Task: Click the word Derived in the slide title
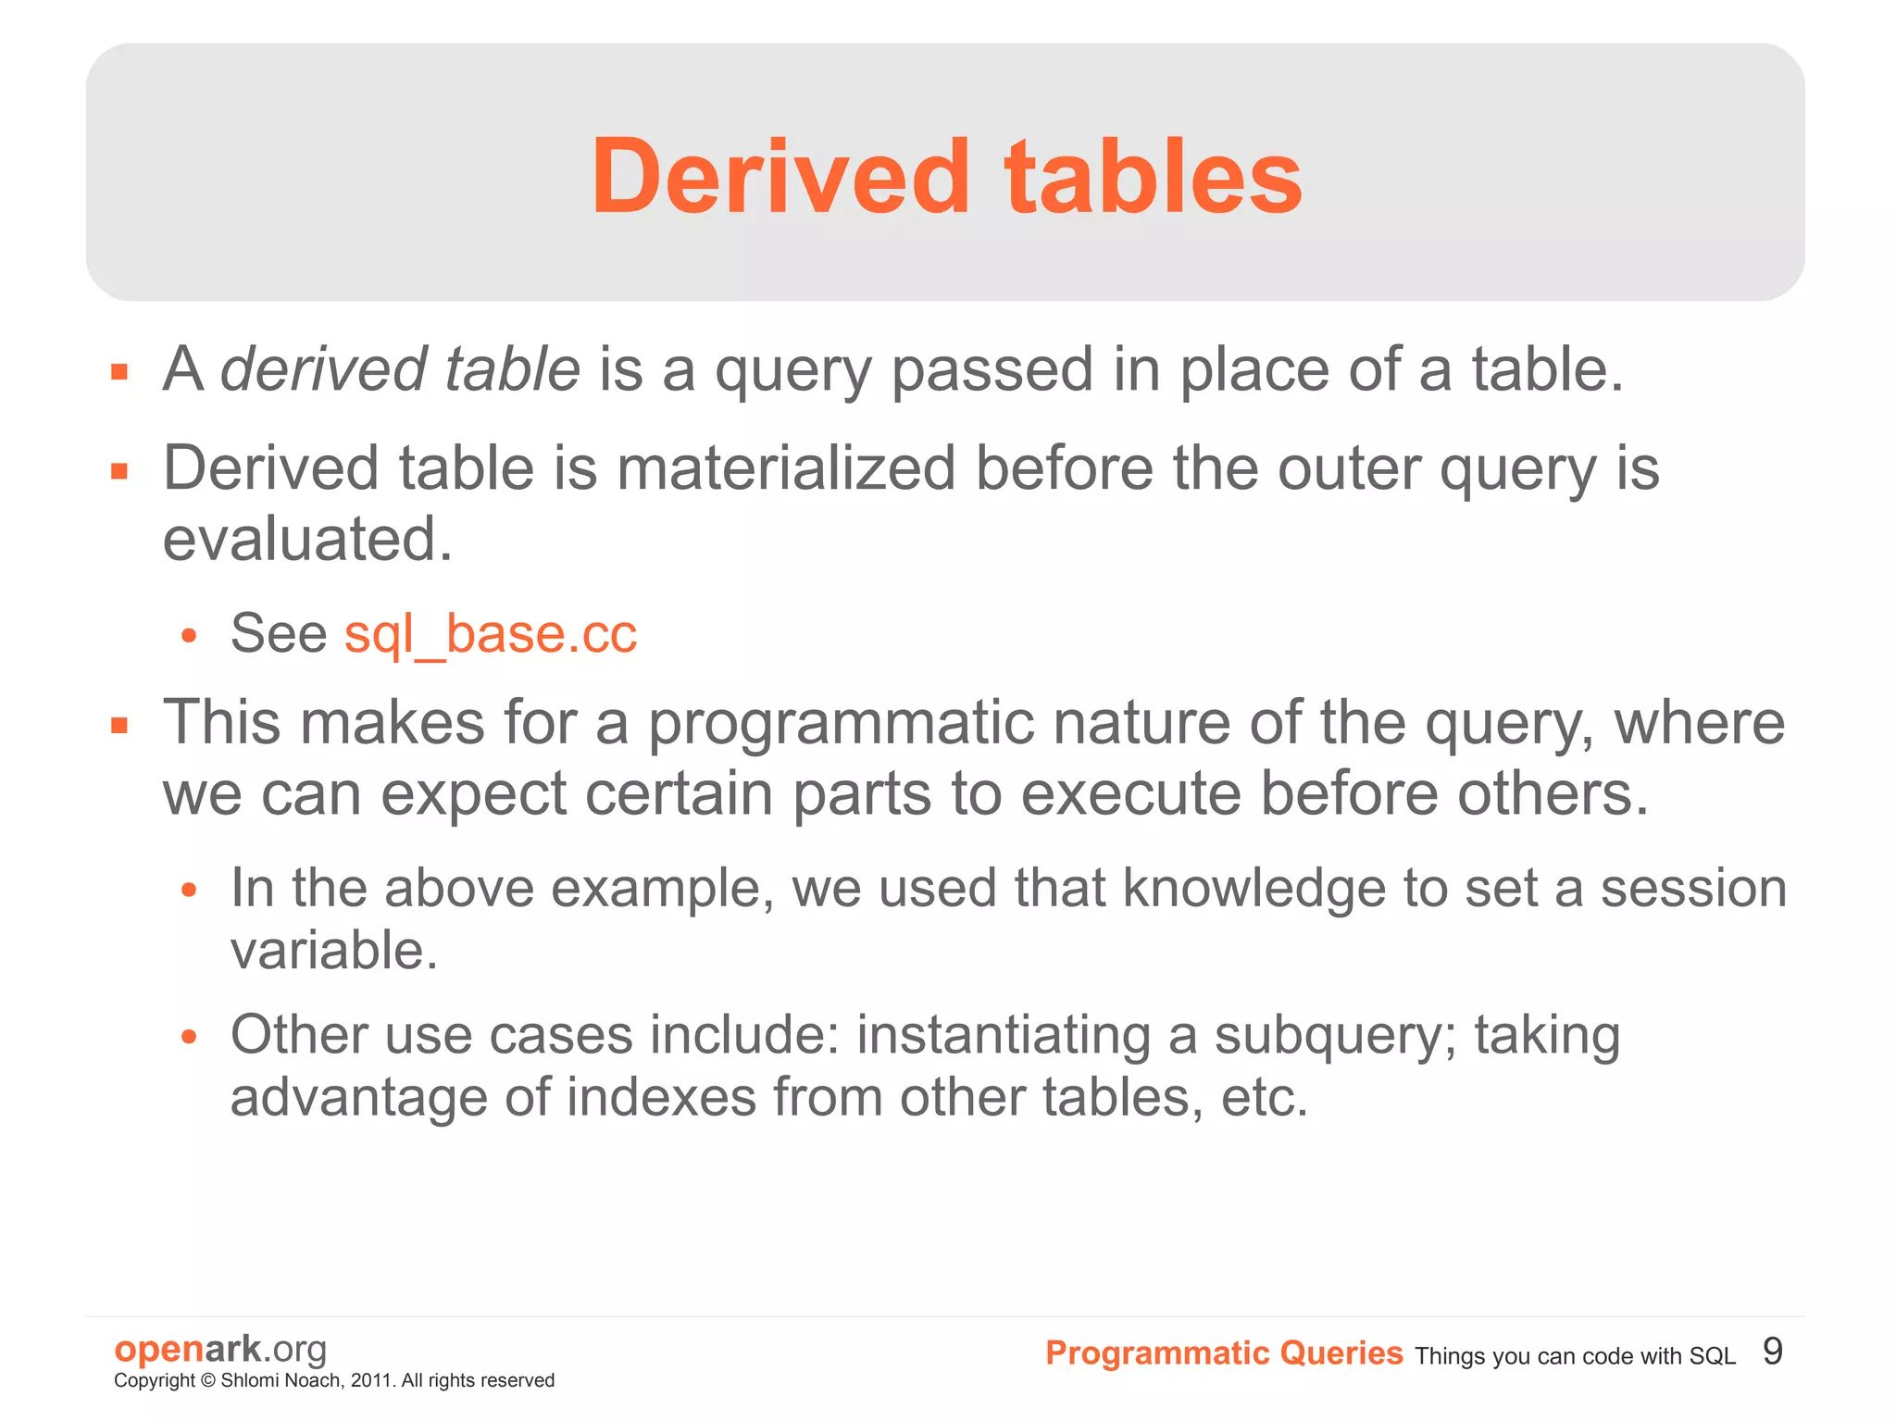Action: pyautogui.click(x=780, y=176)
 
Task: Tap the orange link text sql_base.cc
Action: pyautogui.click(x=491, y=634)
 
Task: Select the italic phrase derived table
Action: pyautogui.click(x=400, y=369)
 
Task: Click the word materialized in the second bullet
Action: pyautogui.click(x=786, y=468)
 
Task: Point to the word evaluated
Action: pyautogui.click(x=307, y=540)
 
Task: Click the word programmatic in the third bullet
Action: pyautogui.click(x=841, y=723)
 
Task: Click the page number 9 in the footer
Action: pyautogui.click(x=1772, y=1352)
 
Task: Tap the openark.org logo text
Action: pyautogui.click(x=220, y=1349)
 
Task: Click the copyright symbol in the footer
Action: pyautogui.click(x=207, y=1381)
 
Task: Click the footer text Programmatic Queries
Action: pyautogui.click(x=1224, y=1353)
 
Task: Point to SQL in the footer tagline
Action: pyautogui.click(x=1712, y=1357)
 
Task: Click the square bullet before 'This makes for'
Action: pyautogui.click(x=119, y=725)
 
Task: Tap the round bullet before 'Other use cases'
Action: pyautogui.click(x=189, y=1037)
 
